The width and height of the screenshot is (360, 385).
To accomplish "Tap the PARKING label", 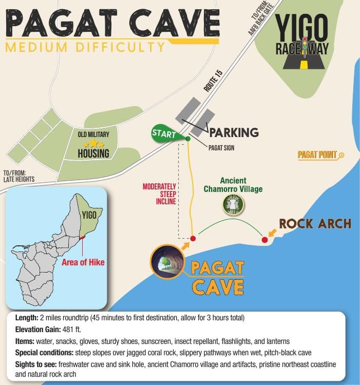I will (233, 132).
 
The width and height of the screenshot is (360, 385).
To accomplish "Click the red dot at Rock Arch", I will (265, 240).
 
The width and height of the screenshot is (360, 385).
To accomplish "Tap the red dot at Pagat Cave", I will (193, 239).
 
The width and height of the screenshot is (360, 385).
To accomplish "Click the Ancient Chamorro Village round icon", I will (234, 204).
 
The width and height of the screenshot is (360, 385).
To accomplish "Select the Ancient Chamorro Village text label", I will (234, 185).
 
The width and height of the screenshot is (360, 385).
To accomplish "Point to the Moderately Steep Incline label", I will (159, 194).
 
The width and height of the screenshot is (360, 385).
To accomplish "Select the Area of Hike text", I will (83, 262).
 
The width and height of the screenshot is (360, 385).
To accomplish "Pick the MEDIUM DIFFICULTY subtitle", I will (85, 48).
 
